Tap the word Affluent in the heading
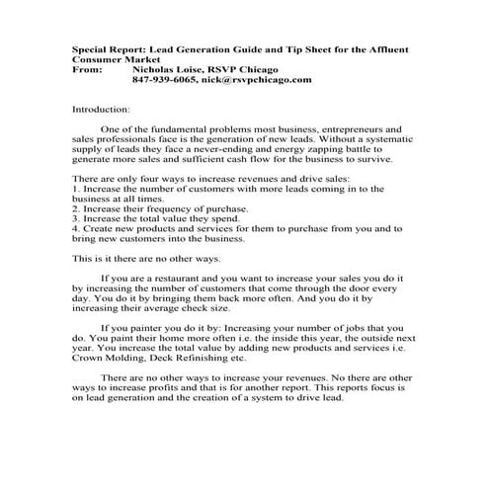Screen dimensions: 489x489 [x=382, y=47]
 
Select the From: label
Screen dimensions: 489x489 [x=88, y=69]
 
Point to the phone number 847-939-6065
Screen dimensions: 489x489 [x=163, y=80]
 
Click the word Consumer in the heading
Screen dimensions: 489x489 [x=105, y=58]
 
